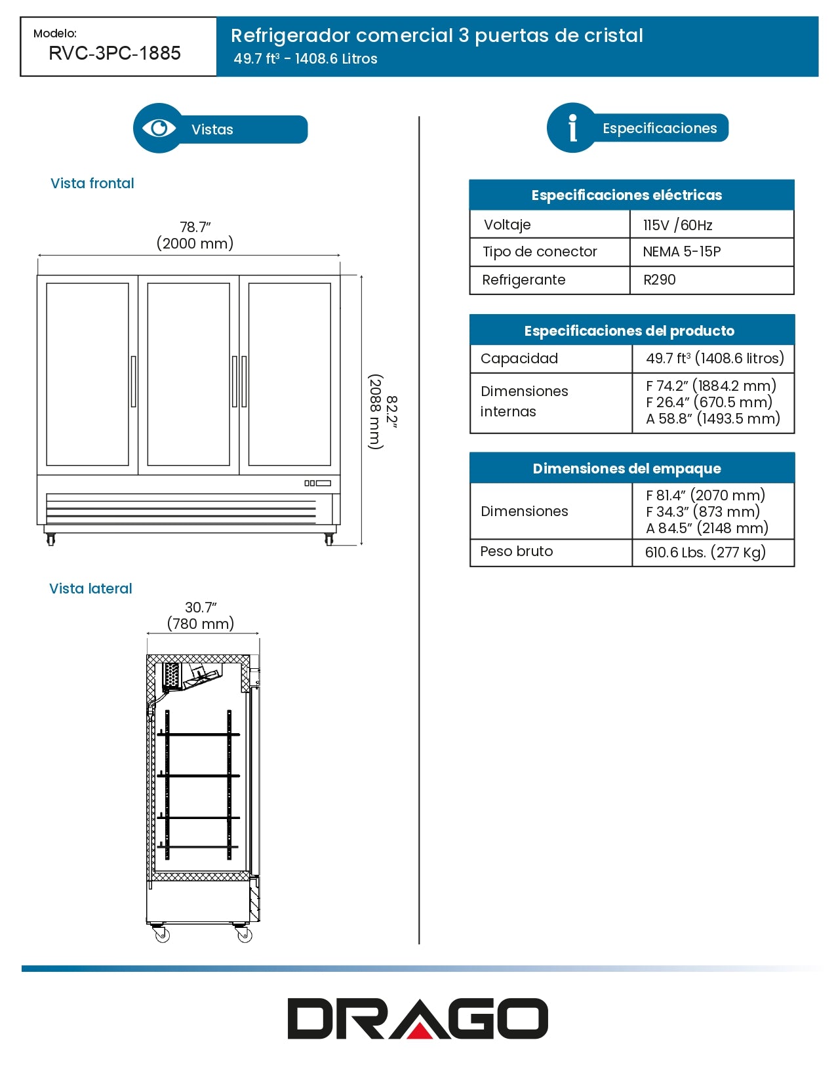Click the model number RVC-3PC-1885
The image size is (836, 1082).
pyautogui.click(x=115, y=53)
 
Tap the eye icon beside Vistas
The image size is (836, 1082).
pyautogui.click(x=159, y=128)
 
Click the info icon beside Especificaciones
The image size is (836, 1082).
pyautogui.click(x=572, y=128)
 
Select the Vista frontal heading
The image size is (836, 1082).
pyautogui.click(x=92, y=184)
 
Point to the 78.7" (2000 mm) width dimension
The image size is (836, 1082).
pyautogui.click(x=195, y=235)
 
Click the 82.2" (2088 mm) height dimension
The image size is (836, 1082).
pyautogui.click(x=383, y=411)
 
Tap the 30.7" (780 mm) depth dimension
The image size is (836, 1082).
pyautogui.click(x=201, y=616)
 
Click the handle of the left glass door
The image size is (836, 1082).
pyautogui.click(x=134, y=381)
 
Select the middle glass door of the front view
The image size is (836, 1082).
pyautogui.click(x=189, y=374)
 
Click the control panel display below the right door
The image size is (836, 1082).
pyautogui.click(x=318, y=483)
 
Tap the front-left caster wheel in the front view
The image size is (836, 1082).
pyautogui.click(x=51, y=539)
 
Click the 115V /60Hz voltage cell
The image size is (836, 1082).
pyautogui.click(x=678, y=225)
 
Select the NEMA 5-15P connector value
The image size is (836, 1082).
pyautogui.click(x=682, y=252)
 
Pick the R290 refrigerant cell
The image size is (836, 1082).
pyautogui.click(x=660, y=280)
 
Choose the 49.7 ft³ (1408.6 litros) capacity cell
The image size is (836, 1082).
pyautogui.click(x=715, y=359)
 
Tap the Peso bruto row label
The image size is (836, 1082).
pyautogui.click(x=517, y=551)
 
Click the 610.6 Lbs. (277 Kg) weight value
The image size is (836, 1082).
pyautogui.click(x=706, y=552)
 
